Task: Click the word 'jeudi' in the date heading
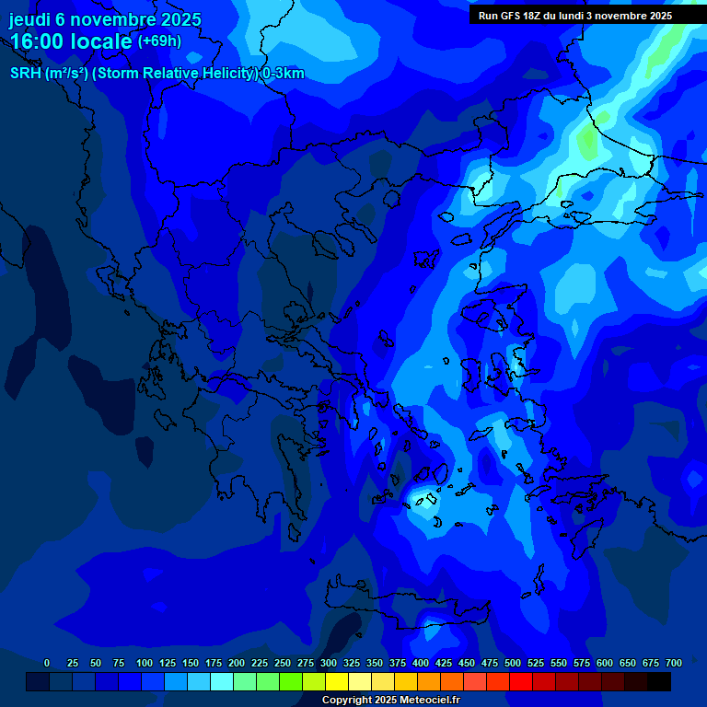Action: pos(29,19)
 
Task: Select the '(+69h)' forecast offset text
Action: pos(159,41)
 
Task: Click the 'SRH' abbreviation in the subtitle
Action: pos(26,74)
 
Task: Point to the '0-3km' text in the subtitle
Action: pos(284,74)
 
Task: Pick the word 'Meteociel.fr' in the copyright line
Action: pos(430,701)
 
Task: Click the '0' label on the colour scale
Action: pos(47,663)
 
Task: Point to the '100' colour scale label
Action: pos(145,663)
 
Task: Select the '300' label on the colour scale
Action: pos(329,663)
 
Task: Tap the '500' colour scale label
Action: pos(513,663)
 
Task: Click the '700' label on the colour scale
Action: pos(674,663)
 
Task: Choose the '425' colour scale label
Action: pos(444,663)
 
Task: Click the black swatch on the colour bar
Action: pos(659,682)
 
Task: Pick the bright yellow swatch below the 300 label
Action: pos(337,682)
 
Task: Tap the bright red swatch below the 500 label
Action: pos(521,682)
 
